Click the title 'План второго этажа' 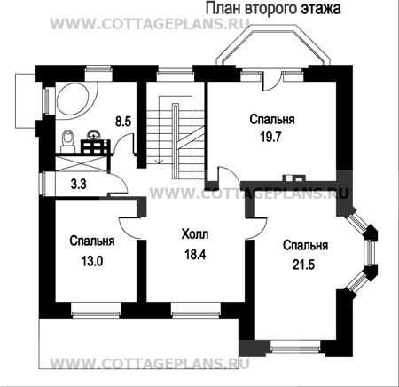[273, 8]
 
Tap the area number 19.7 [270, 137]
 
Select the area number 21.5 [303, 265]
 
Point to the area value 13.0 [92, 261]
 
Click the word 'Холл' [195, 234]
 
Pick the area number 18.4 [195, 254]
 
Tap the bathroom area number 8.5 [123, 122]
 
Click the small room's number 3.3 [79, 184]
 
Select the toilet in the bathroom [67, 140]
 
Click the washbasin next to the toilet [94, 135]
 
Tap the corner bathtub [76, 99]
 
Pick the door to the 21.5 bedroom [256, 228]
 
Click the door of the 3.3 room [118, 185]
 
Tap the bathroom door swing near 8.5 [124, 144]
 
